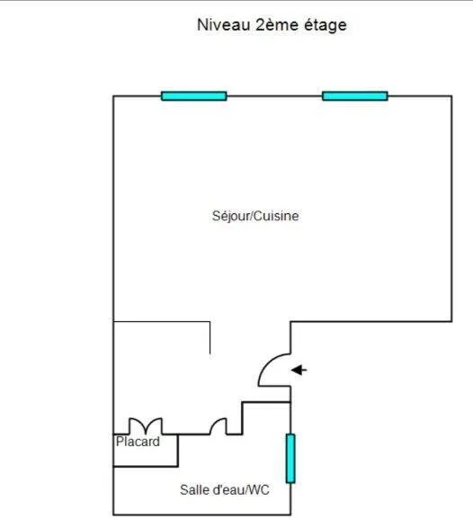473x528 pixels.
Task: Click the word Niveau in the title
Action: [x=224, y=25]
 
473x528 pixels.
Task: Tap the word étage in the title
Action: [x=326, y=25]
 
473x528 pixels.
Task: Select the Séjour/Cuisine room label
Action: [x=255, y=216]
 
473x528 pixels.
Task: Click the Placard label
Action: [x=138, y=442]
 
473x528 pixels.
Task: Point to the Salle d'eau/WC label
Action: [x=225, y=489]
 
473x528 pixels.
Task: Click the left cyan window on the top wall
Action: [x=194, y=96]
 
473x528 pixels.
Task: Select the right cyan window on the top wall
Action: [x=355, y=96]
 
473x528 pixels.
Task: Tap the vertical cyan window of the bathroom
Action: [x=290, y=459]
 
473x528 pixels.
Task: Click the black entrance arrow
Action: [x=299, y=370]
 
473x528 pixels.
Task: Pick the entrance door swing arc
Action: [x=264, y=364]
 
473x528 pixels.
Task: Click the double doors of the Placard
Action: [x=146, y=425]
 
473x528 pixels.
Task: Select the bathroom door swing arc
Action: [x=216, y=422]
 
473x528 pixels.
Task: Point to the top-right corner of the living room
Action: [x=451, y=96]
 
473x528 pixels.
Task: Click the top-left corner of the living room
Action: [x=113, y=96]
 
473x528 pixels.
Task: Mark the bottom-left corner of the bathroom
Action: [x=113, y=515]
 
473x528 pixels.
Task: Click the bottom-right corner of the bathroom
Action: [x=290, y=515]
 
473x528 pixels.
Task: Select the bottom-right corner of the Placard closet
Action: [x=178, y=466]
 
